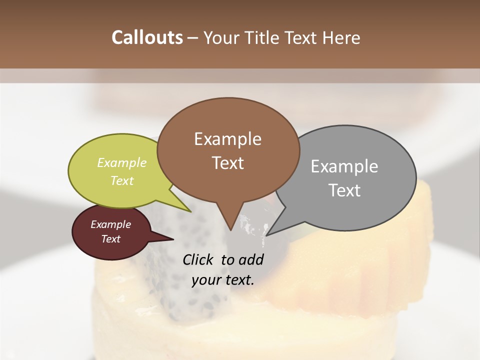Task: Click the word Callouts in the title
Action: (x=147, y=37)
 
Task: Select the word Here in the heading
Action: (x=341, y=37)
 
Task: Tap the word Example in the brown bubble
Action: (x=227, y=139)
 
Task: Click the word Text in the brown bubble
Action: (x=227, y=163)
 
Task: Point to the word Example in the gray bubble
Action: (x=344, y=166)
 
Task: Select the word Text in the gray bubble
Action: (x=344, y=190)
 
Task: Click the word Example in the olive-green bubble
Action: (x=122, y=162)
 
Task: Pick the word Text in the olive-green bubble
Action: (x=122, y=180)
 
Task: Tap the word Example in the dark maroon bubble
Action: (x=110, y=224)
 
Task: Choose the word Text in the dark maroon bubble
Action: (x=110, y=239)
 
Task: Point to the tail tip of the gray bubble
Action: (x=267, y=233)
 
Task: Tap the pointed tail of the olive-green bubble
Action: (x=187, y=209)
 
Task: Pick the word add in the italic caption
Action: (x=251, y=259)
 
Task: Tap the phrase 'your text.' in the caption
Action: (x=222, y=280)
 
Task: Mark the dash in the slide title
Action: (x=192, y=38)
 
